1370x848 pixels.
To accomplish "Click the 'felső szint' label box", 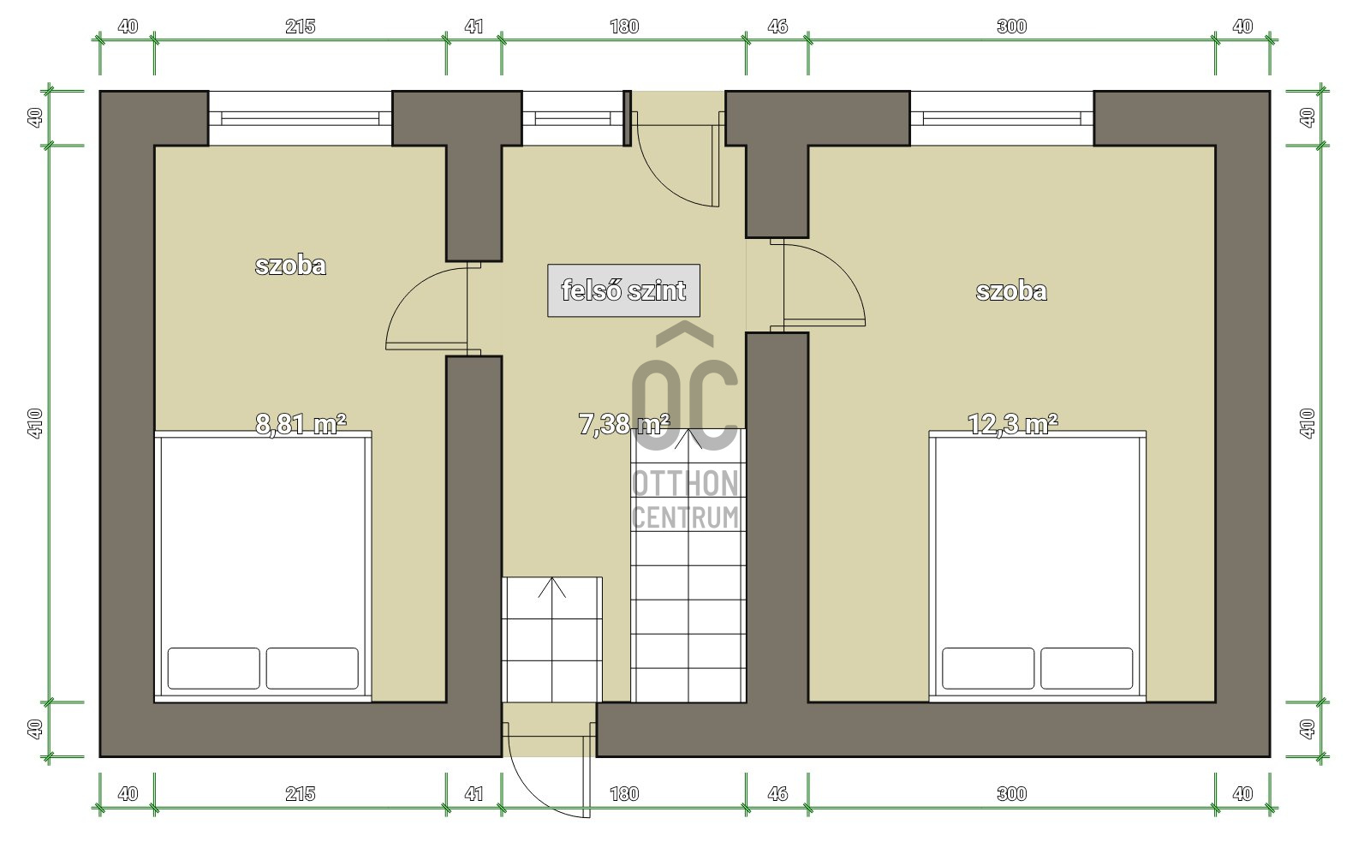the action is click(x=623, y=290).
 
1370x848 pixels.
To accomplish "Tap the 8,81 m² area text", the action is click(x=301, y=423).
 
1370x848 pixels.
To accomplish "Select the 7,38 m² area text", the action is click(x=624, y=423).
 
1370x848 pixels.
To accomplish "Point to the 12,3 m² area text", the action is click(x=1012, y=423).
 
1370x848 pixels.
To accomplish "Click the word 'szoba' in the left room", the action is click(x=290, y=266).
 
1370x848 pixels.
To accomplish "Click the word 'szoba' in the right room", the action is click(x=1011, y=291).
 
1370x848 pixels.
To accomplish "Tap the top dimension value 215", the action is click(x=301, y=27).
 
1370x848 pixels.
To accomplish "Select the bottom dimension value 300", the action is click(x=1011, y=793).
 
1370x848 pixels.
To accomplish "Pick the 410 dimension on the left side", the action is click(x=35, y=423).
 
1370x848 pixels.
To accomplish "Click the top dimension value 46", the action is click(x=777, y=27).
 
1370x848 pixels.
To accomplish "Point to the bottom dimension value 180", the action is click(x=624, y=793).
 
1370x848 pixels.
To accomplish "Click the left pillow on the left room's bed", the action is click(x=213, y=668).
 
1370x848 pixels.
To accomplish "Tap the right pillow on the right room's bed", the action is click(x=1087, y=668).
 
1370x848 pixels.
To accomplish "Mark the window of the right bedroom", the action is click(x=1002, y=118).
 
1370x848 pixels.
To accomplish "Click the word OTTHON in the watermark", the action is click(x=685, y=483).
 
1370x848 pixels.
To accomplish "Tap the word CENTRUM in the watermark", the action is click(x=685, y=517).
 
